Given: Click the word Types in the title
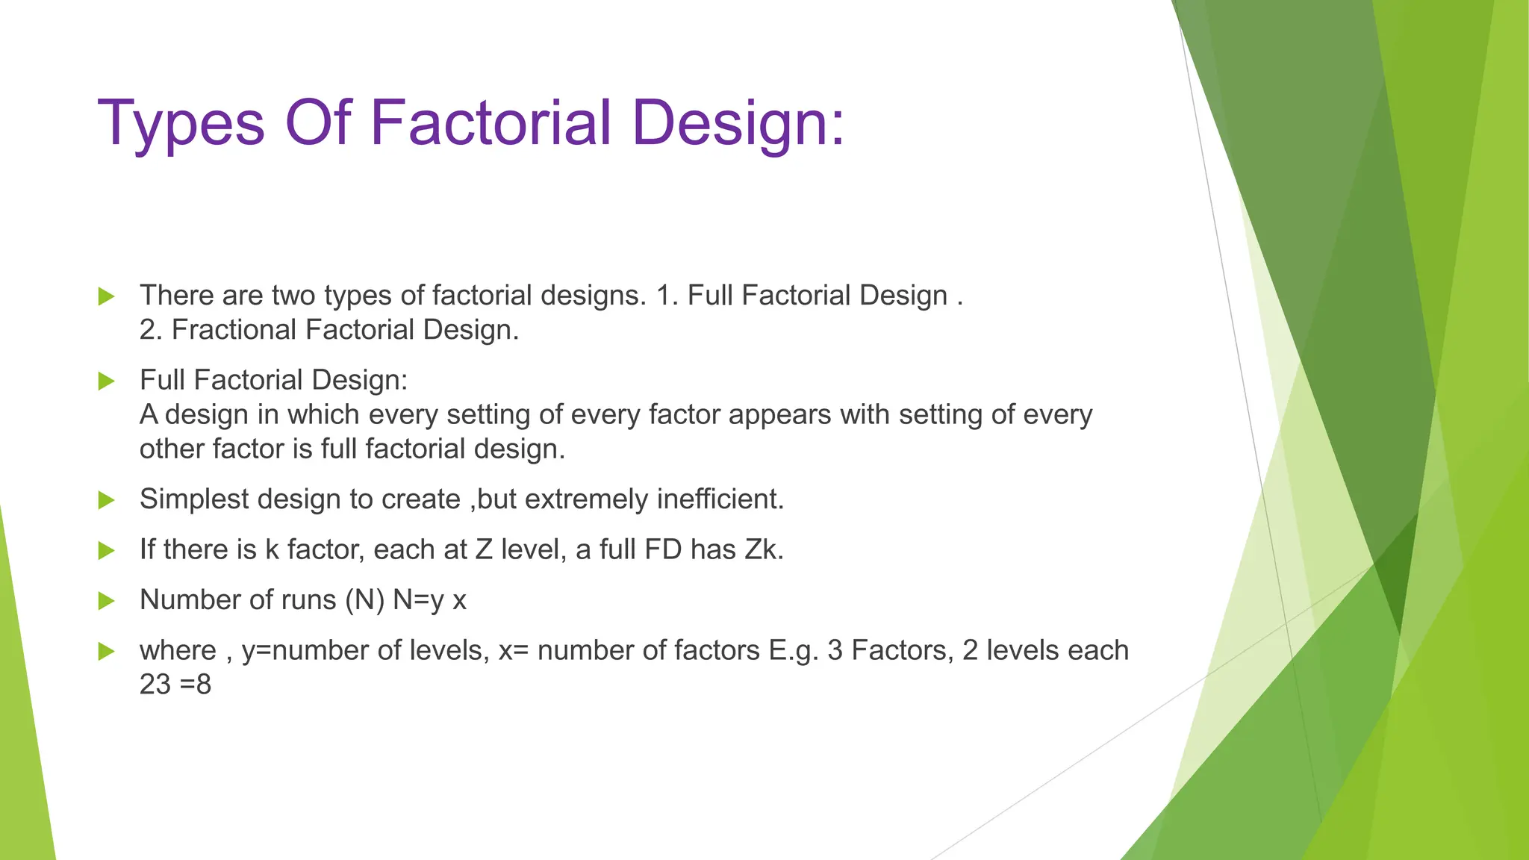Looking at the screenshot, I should pyautogui.click(x=181, y=123).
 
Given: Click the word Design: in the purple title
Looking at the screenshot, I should pyautogui.click(x=738, y=123).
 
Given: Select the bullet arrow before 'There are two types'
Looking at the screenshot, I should pyautogui.click(x=106, y=296).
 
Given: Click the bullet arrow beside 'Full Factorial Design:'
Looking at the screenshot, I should pyautogui.click(x=106, y=381).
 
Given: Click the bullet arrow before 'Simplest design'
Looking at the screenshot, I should pyautogui.click(x=106, y=500).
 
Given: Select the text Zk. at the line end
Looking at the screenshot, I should pyautogui.click(x=763, y=549).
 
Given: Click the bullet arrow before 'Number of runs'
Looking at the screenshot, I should pyautogui.click(x=106, y=601).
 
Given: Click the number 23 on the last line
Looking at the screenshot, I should pyautogui.click(x=155, y=684).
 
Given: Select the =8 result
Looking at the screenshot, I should pyautogui.click(x=196, y=684).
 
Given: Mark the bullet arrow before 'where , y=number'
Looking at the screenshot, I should pyautogui.click(x=106, y=651).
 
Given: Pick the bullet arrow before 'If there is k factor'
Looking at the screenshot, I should pyautogui.click(x=106, y=551).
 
